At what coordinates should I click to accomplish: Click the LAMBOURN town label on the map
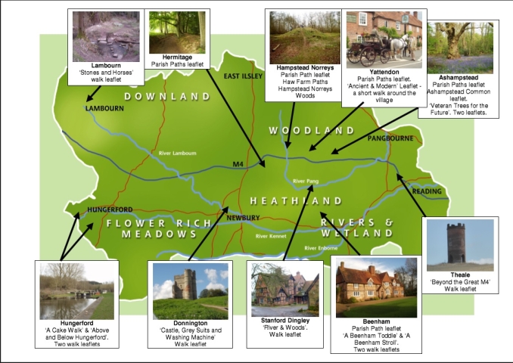click(104, 108)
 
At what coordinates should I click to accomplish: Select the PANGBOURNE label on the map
click(390, 139)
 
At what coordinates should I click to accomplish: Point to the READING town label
click(427, 192)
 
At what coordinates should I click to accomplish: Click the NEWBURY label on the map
click(243, 218)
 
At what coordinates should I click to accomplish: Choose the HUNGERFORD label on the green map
click(110, 209)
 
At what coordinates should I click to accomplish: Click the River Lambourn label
click(177, 154)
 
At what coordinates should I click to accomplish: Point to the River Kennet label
click(272, 237)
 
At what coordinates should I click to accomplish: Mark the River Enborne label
click(322, 247)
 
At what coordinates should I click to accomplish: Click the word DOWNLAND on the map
click(167, 97)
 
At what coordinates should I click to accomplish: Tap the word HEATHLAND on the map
click(296, 201)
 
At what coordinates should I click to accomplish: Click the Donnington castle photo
click(189, 291)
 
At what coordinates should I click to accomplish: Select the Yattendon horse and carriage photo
click(384, 39)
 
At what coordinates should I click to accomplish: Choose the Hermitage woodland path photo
click(176, 33)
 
